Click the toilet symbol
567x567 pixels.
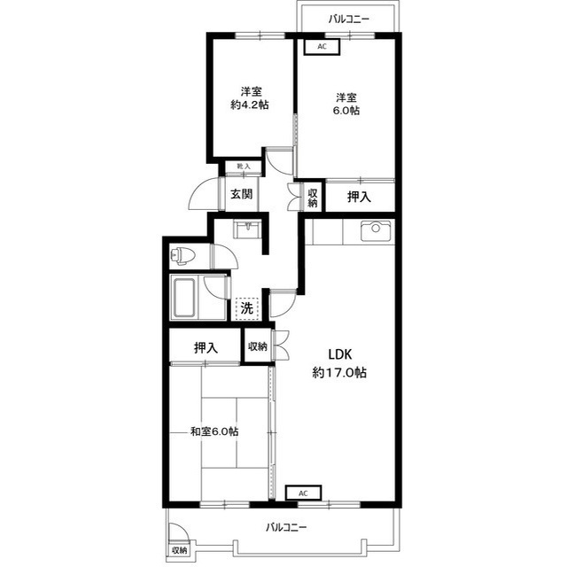183,256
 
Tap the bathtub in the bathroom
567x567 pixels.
185,298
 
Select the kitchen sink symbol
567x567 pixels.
376,230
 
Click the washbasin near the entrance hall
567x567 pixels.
247,229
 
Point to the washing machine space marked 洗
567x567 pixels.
247,309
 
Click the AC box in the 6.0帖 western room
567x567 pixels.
322,47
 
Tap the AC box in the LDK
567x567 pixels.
303,493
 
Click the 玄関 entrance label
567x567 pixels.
241,195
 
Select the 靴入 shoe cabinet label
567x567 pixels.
244,167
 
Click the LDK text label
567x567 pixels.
340,354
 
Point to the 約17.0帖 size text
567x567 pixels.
339,372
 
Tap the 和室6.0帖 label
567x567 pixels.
214,431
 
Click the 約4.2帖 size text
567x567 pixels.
250,105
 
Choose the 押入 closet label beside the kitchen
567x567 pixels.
359,197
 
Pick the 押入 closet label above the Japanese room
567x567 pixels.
206,347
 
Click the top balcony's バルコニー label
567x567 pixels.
349,19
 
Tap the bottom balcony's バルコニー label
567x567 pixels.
286,527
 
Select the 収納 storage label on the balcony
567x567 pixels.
179,551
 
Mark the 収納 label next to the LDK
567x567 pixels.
258,346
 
